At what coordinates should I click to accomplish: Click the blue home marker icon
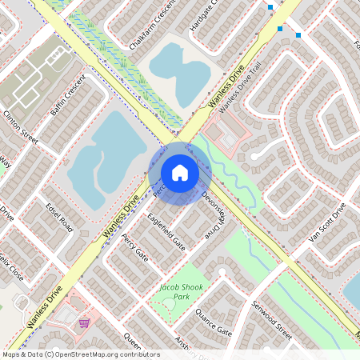click(180, 172)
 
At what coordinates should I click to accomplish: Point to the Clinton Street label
click(21, 126)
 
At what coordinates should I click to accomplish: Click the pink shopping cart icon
click(84, 323)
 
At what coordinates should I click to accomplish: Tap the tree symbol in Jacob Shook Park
click(169, 303)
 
